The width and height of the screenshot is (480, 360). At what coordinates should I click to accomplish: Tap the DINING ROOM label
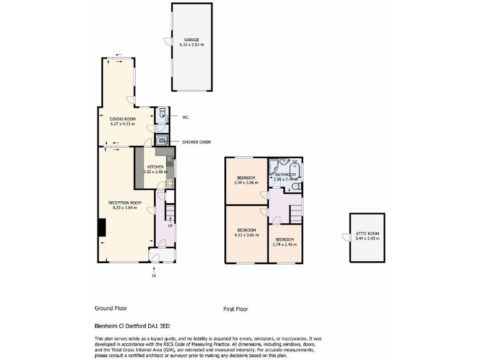pos(123,119)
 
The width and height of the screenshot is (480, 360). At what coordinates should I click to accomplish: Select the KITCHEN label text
pos(155,167)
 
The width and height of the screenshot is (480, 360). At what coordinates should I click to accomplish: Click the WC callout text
pos(186,117)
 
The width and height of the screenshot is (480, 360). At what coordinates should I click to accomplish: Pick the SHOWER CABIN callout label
pos(196,142)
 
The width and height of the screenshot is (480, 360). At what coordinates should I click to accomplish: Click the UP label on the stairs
pos(169,225)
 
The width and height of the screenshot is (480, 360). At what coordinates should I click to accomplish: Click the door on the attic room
pos(345,236)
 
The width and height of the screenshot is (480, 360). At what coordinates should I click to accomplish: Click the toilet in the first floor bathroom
pos(297,186)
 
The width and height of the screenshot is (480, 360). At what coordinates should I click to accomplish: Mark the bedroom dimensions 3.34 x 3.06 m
pos(246,183)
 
